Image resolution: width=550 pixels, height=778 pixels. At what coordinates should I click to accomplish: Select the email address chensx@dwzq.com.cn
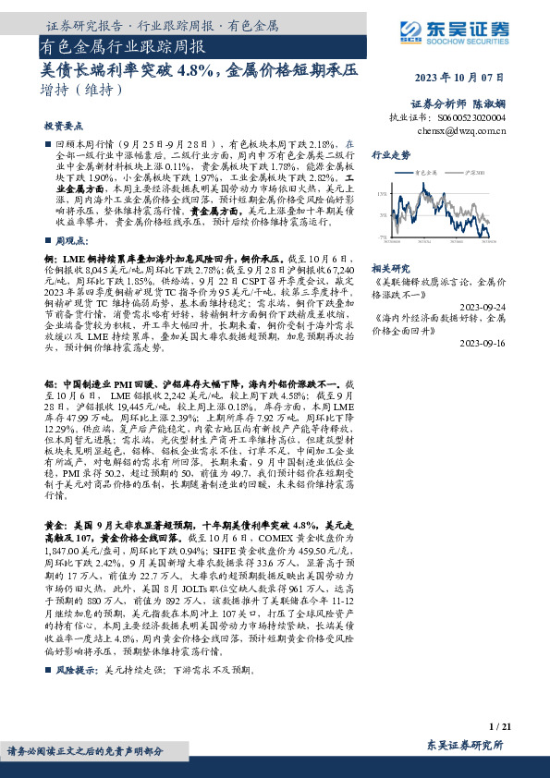[461, 131]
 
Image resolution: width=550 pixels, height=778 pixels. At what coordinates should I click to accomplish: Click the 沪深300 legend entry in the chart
[480, 173]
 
